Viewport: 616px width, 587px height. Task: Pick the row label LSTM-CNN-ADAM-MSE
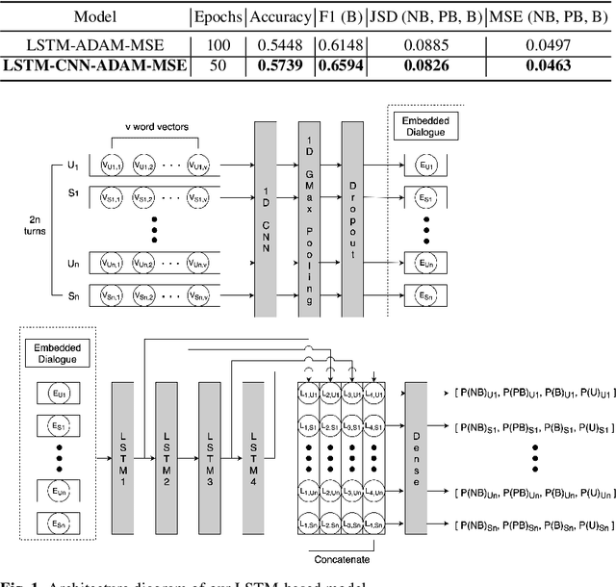tap(94, 65)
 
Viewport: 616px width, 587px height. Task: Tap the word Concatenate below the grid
tap(343, 557)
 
